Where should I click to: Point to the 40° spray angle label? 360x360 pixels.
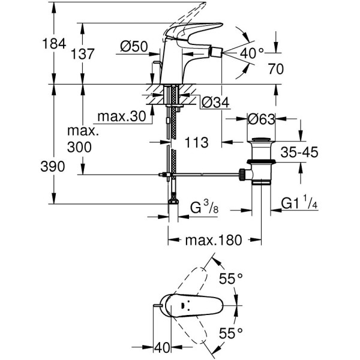tap(252, 53)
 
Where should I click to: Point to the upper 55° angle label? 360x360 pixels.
tap(231, 280)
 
